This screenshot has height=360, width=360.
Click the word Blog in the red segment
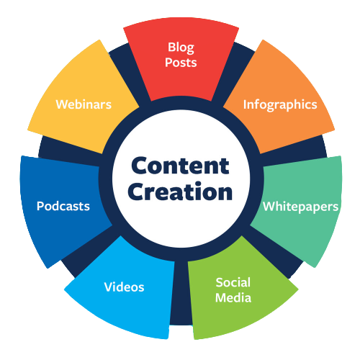181,48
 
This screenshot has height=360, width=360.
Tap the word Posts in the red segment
181,63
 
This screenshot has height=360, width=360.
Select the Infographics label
280,105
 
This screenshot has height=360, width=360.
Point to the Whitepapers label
300,207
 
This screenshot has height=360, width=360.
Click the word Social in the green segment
233,282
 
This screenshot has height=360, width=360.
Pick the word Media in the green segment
233,297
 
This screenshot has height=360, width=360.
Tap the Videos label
124,287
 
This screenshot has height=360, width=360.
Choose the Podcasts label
63,206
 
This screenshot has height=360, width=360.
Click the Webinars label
84,104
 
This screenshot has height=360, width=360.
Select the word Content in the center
180,166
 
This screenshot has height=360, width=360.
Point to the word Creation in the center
180,192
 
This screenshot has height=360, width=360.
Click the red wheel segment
181,60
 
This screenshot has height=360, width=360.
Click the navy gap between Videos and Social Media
181,293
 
